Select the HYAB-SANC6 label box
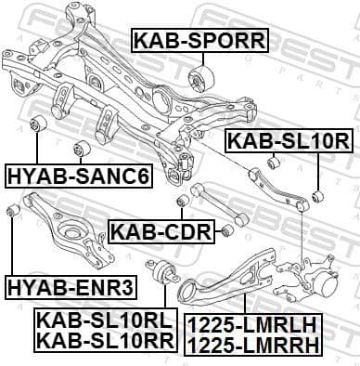(78, 175)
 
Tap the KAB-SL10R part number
(288, 141)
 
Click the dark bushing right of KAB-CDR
(225, 230)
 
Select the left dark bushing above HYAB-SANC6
(40, 126)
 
